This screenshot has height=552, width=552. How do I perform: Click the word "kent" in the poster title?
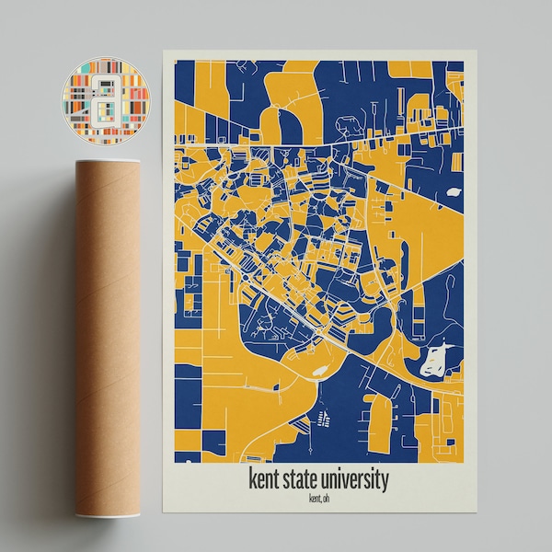pyautogui.click(x=267, y=480)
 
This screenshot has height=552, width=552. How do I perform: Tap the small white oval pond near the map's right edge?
pyautogui.click(x=454, y=194)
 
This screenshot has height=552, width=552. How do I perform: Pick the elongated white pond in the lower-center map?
pyautogui.click(x=318, y=371)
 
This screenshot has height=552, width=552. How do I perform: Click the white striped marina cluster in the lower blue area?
pyautogui.click(x=323, y=420)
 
